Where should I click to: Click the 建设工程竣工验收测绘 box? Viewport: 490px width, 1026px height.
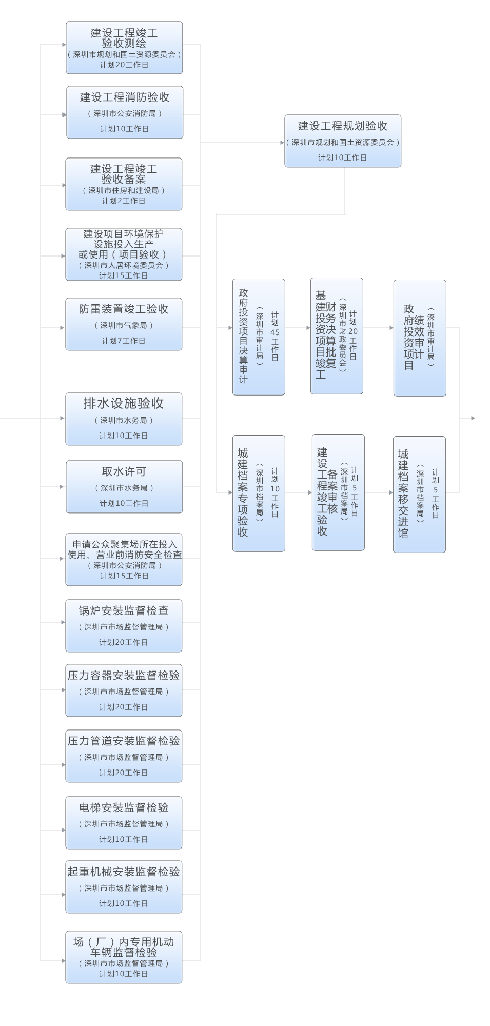pos(124,48)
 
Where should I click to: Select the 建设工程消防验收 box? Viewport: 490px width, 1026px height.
pos(125,112)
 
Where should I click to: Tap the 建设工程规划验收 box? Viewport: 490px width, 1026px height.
pos(343,141)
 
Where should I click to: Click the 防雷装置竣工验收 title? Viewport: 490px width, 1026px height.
pos(124,309)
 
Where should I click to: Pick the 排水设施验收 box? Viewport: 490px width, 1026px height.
pos(124,419)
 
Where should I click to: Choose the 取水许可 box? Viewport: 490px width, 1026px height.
pos(124,487)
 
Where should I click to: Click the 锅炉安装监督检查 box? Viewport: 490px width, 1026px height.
pos(124,626)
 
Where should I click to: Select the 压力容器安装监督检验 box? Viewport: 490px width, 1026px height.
pos(124,690)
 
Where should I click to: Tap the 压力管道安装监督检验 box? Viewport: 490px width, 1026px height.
pos(124,756)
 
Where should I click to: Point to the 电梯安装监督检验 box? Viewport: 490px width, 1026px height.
pos(124,823)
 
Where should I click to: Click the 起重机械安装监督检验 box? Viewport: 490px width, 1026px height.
pos(124,887)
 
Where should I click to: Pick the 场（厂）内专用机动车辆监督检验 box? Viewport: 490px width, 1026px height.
pos(124,957)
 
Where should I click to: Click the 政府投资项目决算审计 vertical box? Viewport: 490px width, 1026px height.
pos(259,337)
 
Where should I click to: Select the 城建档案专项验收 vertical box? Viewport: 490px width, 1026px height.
pos(259,494)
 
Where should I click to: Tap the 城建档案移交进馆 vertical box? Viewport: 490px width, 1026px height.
pos(419,495)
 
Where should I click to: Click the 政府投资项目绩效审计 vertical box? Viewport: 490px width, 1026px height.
pos(420,338)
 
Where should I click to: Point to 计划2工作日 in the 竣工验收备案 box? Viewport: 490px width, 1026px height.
pos(123,201)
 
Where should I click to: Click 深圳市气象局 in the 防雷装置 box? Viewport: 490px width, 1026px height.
pos(124,325)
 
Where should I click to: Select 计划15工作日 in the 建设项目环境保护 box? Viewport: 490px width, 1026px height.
pos(123,275)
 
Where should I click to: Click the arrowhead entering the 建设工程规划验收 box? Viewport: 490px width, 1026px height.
pos(282,143)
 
